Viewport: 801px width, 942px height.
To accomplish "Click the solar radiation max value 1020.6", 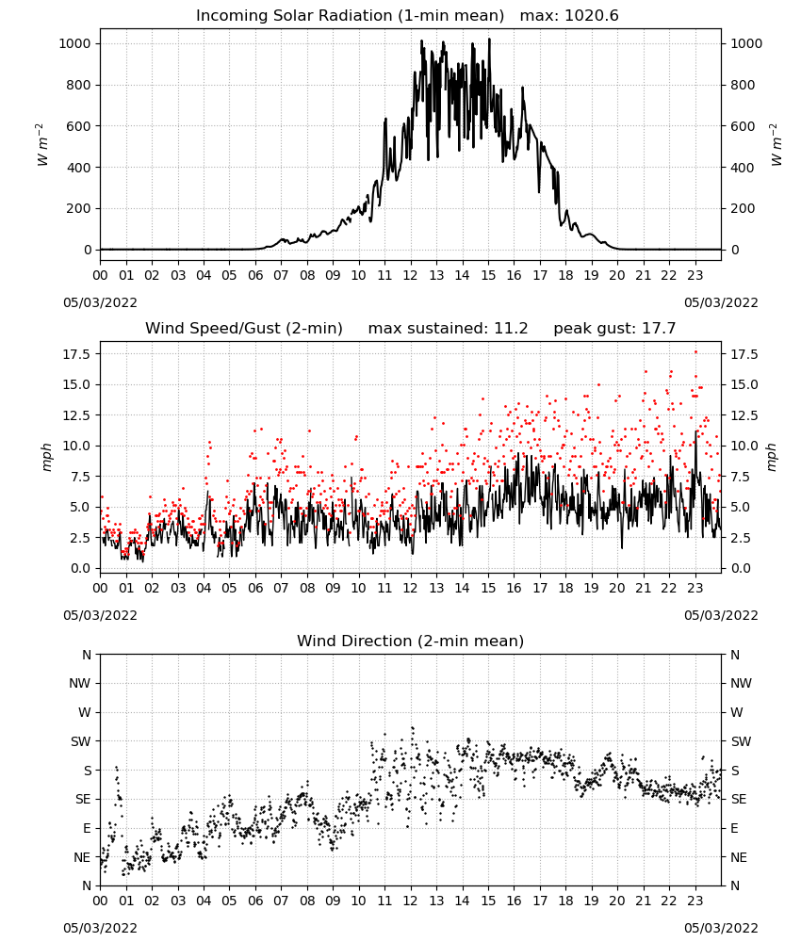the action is click(591, 16).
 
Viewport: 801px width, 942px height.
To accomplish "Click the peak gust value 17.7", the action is click(656, 329).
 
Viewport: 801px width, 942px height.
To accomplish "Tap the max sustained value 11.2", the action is click(511, 329).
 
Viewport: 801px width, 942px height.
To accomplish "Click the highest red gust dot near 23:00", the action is click(695, 352).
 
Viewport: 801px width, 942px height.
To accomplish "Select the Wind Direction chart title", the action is click(411, 641).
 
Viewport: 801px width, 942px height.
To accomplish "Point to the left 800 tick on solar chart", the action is click(79, 86).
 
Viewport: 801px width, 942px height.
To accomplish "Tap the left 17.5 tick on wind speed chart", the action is click(77, 354).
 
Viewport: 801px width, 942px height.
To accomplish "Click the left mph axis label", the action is click(47, 457).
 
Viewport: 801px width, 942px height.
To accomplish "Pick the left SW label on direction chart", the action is click(81, 741).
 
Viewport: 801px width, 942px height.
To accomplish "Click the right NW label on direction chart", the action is click(741, 683).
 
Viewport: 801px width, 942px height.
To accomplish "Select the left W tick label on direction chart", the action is click(85, 712).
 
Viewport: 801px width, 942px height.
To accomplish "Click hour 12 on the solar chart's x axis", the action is click(411, 276).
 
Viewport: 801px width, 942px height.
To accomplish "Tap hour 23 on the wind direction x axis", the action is click(695, 901).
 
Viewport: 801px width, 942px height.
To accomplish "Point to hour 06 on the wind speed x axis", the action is click(255, 588).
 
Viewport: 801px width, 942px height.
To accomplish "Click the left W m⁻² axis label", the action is click(42, 145).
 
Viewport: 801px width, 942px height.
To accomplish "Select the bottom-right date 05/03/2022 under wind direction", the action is click(721, 928).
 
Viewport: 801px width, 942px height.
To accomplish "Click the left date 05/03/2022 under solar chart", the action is click(100, 302).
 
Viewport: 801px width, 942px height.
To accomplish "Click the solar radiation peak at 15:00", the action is click(489, 39).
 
